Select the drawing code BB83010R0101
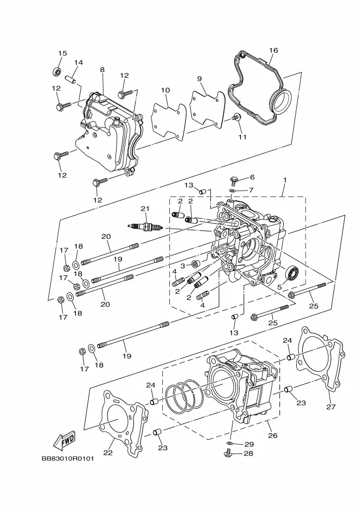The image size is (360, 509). click(68, 459)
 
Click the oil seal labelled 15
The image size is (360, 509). click(57, 71)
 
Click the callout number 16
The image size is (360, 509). click(273, 50)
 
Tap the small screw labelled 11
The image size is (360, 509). click(236, 117)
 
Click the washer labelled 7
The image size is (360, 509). click(233, 190)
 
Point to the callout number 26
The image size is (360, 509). click(273, 435)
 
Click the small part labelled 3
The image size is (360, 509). click(196, 264)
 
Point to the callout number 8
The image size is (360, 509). click(102, 70)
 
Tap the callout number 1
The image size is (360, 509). click(285, 180)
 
